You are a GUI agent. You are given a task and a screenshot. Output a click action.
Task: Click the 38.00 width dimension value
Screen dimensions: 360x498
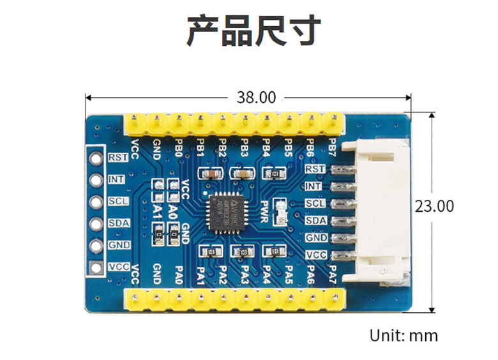(x=256, y=98)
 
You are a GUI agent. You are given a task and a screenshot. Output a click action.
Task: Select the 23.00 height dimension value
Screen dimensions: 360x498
(x=434, y=206)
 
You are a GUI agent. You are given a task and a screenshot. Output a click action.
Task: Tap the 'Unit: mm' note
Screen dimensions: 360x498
(x=404, y=335)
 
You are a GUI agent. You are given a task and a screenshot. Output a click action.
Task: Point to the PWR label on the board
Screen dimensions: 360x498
(x=265, y=209)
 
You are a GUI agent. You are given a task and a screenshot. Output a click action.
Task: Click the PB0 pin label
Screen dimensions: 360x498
(x=178, y=147)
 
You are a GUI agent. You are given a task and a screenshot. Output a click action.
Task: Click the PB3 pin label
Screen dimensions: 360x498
(x=244, y=147)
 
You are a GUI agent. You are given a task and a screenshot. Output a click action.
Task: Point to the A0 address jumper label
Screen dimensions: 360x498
(x=172, y=211)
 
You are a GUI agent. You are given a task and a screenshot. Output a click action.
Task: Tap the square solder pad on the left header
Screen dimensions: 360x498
(x=96, y=267)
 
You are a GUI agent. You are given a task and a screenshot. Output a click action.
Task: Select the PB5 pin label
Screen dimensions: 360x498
(x=288, y=147)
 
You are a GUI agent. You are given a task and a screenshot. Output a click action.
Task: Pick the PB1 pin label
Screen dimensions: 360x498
(x=200, y=147)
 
